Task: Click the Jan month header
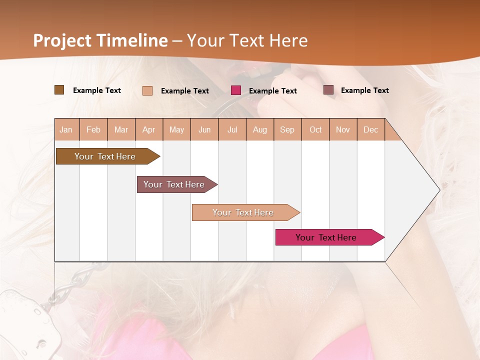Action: tap(66, 129)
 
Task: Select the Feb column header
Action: tap(93, 129)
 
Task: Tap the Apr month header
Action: tap(148, 129)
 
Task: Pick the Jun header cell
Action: tap(204, 129)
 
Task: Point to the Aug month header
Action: tap(259, 129)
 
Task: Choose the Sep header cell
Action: tap(287, 129)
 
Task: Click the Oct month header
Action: tap(315, 129)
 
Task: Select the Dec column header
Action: tap(370, 129)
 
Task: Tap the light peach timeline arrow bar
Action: tap(243, 212)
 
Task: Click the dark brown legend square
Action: tap(59, 90)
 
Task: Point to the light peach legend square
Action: tap(147, 90)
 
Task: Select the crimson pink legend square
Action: tap(236, 90)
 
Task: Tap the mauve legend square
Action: tap(328, 90)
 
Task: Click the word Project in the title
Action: tap(61, 40)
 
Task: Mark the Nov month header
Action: tap(343, 129)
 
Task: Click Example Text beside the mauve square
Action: tap(364, 90)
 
